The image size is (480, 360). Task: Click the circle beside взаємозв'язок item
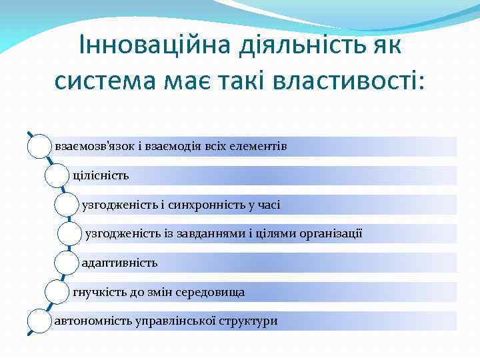pyautogui.click(x=40, y=146)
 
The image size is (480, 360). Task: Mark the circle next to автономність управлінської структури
pyautogui.click(x=40, y=321)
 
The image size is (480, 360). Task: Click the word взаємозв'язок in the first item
pyautogui.click(x=89, y=146)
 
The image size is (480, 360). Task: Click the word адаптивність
pyautogui.click(x=119, y=263)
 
